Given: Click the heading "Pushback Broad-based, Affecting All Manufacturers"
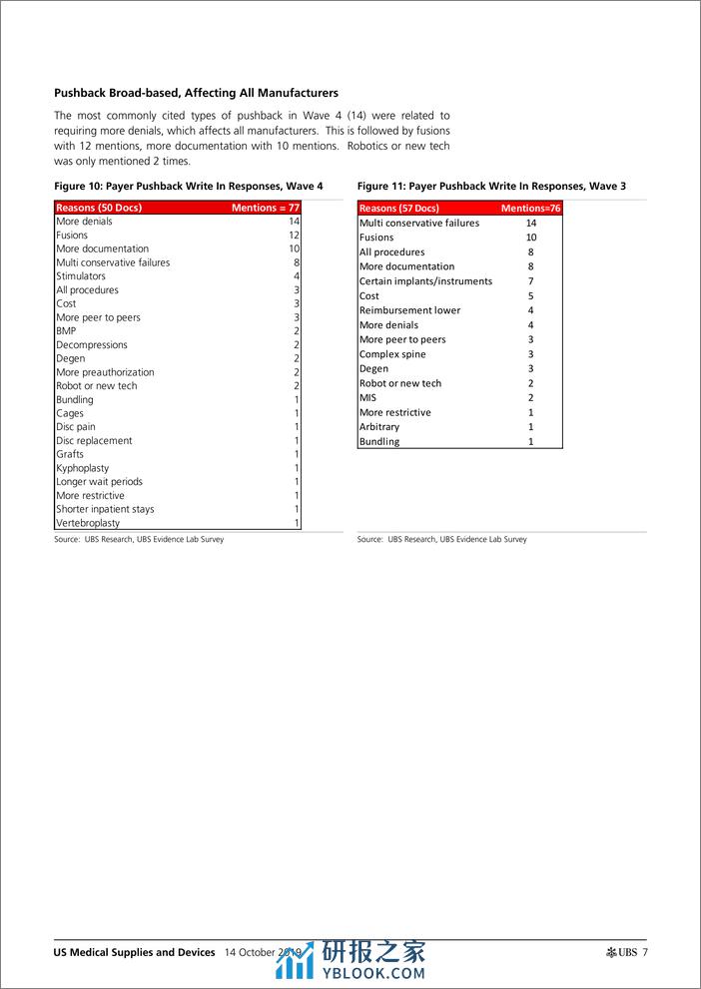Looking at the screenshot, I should coord(196,93).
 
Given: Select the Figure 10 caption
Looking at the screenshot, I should coord(189,187).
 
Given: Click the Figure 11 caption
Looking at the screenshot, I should coord(491,187).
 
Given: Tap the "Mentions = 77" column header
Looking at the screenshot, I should coord(265,208).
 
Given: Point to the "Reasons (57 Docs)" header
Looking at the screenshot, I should coord(398,208).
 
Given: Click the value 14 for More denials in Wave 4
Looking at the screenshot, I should coord(294,222).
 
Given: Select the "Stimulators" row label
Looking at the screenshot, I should coord(81,276).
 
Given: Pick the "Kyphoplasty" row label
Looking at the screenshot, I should coord(83,468).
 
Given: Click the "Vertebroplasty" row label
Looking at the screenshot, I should coord(88,523).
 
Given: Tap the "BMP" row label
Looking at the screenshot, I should coord(66,331).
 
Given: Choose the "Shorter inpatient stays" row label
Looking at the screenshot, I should coord(105,509).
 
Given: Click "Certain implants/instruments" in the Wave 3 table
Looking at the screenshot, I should coord(425,281).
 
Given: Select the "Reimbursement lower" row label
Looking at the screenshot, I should coord(409,310).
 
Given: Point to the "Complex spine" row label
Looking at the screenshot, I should coord(392,354).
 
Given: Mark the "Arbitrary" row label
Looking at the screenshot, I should coord(379,427).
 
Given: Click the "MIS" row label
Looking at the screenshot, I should coord(367,398).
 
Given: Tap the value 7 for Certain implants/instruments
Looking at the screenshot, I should coord(531,281).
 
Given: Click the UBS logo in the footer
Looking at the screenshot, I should coord(620,952).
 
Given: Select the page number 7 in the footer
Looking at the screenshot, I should coord(645,952).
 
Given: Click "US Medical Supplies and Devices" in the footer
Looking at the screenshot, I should coord(135,952).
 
